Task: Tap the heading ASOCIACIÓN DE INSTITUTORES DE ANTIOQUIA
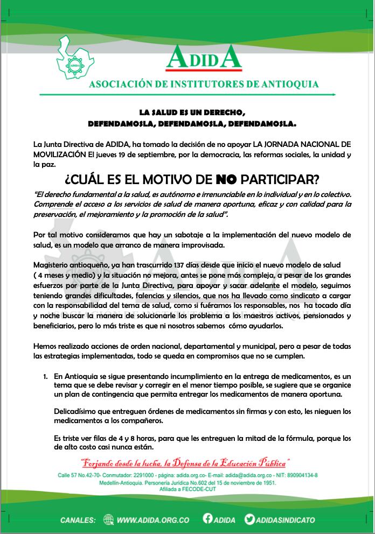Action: tap(203, 84)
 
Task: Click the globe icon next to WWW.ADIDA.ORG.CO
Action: tap(109, 520)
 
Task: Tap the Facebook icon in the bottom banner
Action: tap(208, 519)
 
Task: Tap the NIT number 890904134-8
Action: tap(298, 475)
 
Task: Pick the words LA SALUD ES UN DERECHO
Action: tap(192, 113)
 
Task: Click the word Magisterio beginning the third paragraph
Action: tap(53, 266)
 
